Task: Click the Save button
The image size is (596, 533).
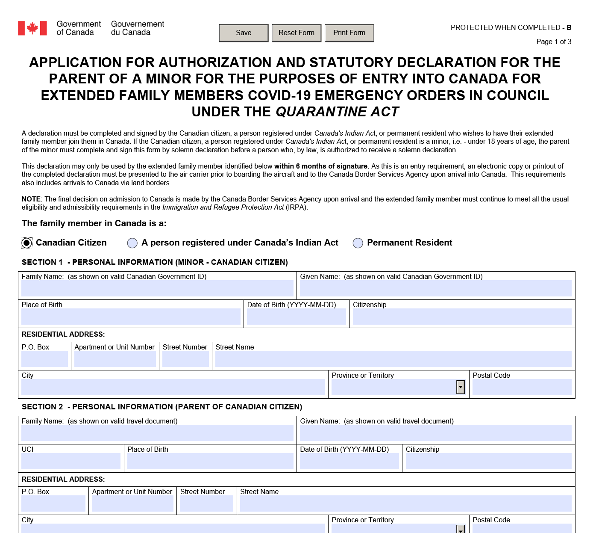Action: [244, 33]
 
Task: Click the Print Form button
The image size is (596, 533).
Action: [349, 33]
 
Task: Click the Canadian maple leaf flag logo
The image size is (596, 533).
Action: [32, 28]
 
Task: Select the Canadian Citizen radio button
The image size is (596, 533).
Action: [26, 243]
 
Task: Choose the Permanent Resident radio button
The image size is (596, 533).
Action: [358, 243]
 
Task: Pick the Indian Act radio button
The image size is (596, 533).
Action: [132, 243]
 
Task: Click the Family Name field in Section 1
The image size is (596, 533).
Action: [157, 289]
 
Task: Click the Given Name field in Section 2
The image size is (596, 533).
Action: [435, 433]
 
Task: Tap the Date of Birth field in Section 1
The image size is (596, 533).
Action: [296, 317]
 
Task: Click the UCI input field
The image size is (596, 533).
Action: [71, 461]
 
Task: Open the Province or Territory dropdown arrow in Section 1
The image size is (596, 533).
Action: [460, 387]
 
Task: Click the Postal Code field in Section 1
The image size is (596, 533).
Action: [522, 387]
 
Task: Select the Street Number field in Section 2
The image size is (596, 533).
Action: [207, 503]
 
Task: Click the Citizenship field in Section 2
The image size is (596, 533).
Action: [488, 461]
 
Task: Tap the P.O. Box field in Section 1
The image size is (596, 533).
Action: [44, 359]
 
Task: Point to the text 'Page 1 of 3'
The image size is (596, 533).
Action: [554, 41]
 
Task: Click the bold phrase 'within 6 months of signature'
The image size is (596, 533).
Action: [320, 166]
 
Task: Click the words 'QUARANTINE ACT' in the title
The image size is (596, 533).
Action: [337, 112]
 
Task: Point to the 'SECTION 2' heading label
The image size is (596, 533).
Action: [42, 407]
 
